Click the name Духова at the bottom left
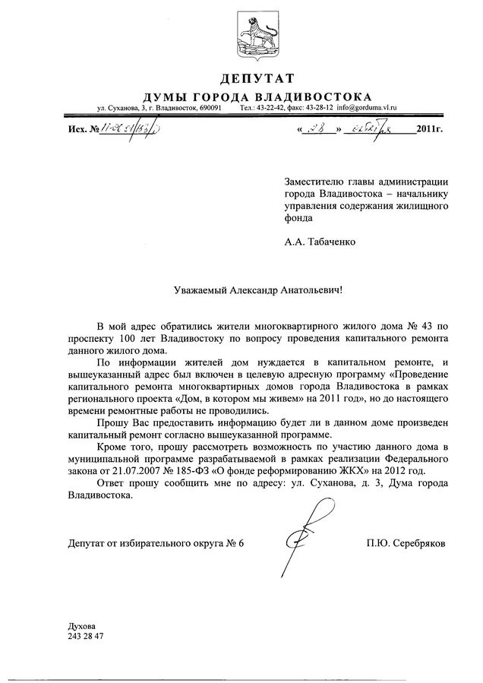pos(81,625)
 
